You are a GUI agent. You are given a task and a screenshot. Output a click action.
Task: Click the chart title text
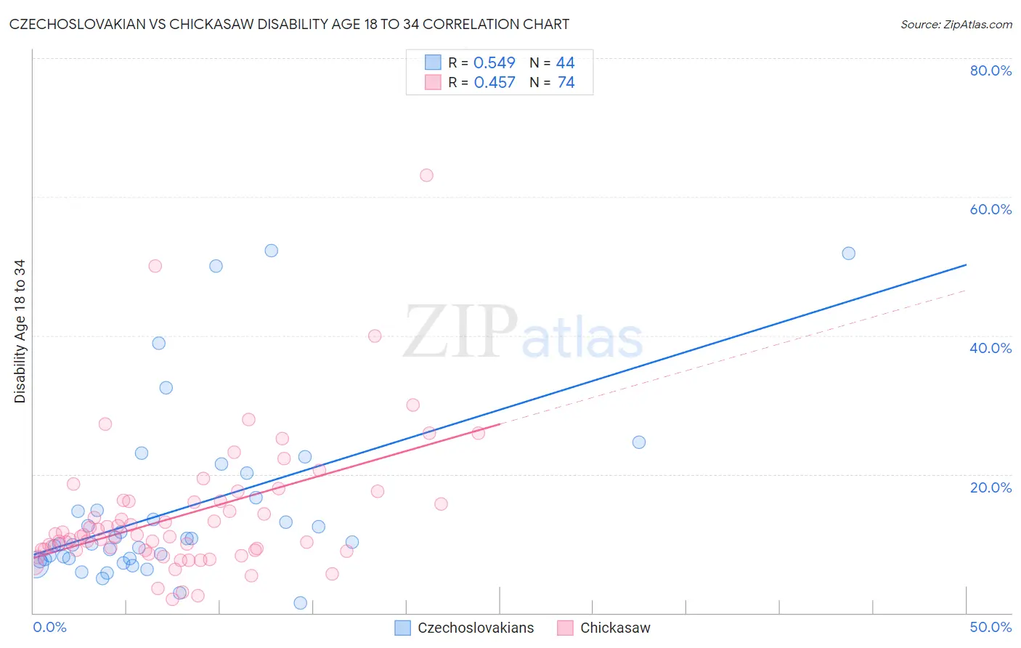point(289,24)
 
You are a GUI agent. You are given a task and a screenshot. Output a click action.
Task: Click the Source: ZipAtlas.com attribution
point(956,24)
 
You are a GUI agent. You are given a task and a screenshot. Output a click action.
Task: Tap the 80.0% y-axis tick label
point(991,70)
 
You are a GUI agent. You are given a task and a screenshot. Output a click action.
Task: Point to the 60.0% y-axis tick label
point(991,209)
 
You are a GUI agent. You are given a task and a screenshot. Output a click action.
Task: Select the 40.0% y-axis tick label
point(991,348)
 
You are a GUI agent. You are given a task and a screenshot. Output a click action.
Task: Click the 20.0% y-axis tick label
point(991,487)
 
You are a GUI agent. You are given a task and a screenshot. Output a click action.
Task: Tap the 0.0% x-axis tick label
point(49,627)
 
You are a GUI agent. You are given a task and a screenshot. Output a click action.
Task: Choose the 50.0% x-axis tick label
point(991,627)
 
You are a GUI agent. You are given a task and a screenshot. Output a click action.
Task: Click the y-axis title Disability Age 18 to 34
point(20,331)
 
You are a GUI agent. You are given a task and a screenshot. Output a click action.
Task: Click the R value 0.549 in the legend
point(494,63)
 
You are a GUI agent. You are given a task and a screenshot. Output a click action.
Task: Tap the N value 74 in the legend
point(566,83)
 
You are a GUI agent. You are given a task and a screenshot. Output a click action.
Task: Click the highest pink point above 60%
point(426,175)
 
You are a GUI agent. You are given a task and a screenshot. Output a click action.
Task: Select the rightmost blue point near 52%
point(848,254)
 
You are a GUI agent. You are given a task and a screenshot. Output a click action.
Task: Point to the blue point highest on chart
point(271,251)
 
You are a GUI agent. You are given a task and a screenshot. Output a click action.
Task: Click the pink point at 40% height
point(375,336)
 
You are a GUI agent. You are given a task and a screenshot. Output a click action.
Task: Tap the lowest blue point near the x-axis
point(300,603)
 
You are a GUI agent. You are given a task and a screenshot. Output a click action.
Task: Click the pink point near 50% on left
point(155,266)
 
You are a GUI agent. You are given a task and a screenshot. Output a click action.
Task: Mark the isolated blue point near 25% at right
point(639,442)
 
